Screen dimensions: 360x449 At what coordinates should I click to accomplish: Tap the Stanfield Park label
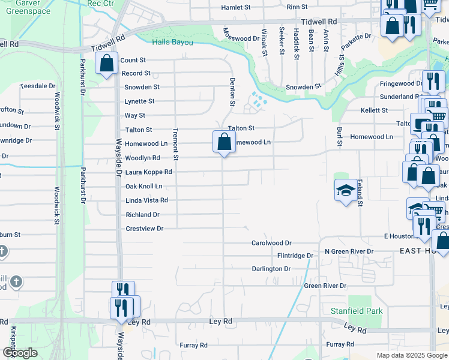pos(357,311)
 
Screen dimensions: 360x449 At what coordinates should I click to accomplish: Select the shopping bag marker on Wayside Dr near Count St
pos(106,64)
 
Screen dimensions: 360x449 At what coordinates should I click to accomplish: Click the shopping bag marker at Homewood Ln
pos(223,143)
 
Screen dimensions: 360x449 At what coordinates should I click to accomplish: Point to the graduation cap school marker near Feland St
pos(345,191)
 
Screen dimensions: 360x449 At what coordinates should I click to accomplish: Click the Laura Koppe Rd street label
pos(148,172)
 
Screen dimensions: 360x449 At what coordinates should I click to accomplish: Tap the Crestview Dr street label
pos(144,229)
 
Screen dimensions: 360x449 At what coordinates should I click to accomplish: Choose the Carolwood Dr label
pos(271,243)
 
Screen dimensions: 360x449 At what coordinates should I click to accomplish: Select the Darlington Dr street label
pos(271,269)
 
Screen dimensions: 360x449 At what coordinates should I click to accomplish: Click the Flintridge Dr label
pos(295,256)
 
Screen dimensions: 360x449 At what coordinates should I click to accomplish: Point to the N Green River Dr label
pos(349,251)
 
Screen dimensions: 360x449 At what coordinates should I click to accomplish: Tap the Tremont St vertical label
pos(176,145)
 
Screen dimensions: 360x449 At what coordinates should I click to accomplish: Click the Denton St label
pos(232,91)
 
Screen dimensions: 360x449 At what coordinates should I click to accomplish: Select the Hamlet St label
pos(235,7)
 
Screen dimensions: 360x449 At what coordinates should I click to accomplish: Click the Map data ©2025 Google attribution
pos(412,355)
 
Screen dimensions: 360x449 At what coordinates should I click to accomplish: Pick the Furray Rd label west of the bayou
pos(193,346)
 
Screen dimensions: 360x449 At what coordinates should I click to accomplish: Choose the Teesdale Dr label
pos(37,86)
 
